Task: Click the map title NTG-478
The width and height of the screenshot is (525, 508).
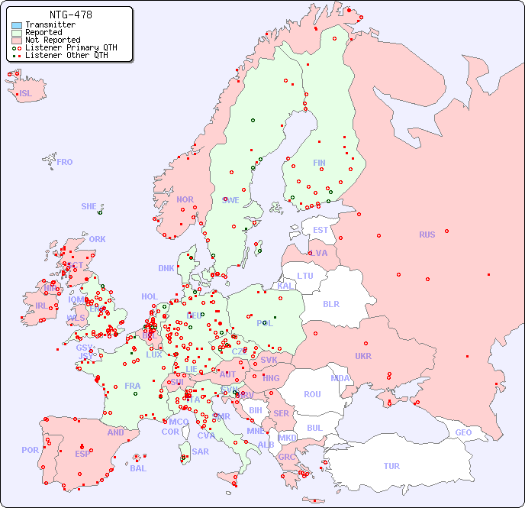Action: (70, 15)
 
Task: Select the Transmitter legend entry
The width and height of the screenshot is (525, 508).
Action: (50, 25)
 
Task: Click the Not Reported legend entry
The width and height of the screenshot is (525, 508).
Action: (52, 40)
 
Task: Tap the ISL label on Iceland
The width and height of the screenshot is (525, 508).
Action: (26, 94)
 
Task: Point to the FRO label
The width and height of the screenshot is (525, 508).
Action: (65, 162)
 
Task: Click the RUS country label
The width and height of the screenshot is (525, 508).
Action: (427, 235)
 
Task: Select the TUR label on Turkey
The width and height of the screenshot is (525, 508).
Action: (391, 466)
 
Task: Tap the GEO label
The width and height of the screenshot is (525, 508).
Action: (463, 432)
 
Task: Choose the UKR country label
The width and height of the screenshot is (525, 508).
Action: (362, 356)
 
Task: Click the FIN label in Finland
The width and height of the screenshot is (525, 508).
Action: (319, 163)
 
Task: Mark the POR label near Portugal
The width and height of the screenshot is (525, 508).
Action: (30, 450)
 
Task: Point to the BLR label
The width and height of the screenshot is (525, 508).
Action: (330, 303)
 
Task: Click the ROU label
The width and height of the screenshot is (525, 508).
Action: (312, 394)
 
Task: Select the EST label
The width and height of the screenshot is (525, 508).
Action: (320, 230)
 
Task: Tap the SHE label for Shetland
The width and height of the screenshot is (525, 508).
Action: (89, 206)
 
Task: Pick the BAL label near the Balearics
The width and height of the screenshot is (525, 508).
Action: (137, 468)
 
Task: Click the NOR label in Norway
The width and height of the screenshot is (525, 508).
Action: (185, 199)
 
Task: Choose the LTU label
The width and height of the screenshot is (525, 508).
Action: (305, 276)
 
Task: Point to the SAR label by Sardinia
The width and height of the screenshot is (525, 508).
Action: (201, 451)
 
